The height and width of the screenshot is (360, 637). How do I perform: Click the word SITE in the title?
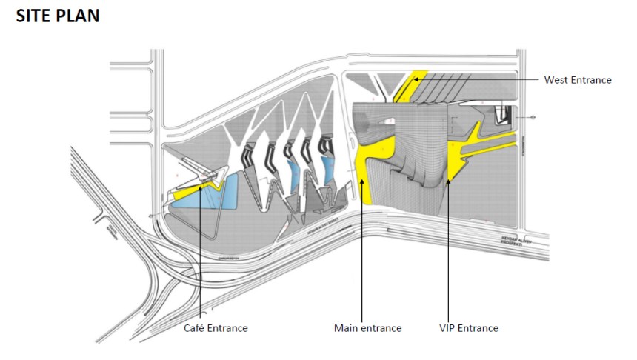pyautogui.click(x=35, y=16)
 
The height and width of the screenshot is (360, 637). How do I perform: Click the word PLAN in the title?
pyautogui.click(x=78, y=16)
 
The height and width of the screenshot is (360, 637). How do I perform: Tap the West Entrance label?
pyautogui.click(x=578, y=80)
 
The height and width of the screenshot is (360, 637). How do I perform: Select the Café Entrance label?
pyautogui.click(x=216, y=327)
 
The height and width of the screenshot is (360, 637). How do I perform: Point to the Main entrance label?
pyautogui.click(x=367, y=327)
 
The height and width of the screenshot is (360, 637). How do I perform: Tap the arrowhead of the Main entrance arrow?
pyautogui.click(x=361, y=178)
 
